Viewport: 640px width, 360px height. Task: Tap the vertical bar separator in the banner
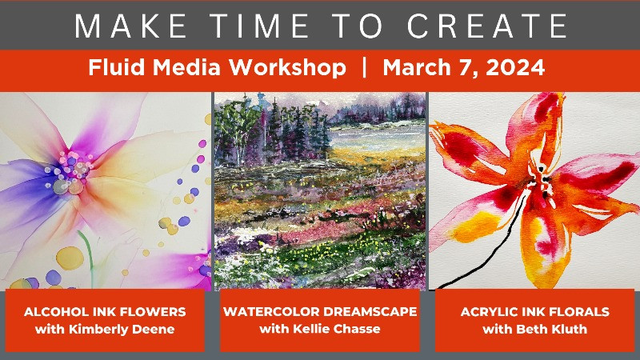click(364, 69)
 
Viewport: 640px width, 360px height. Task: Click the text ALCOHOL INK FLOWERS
click(104, 311)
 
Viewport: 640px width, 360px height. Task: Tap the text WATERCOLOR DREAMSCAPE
click(320, 311)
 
